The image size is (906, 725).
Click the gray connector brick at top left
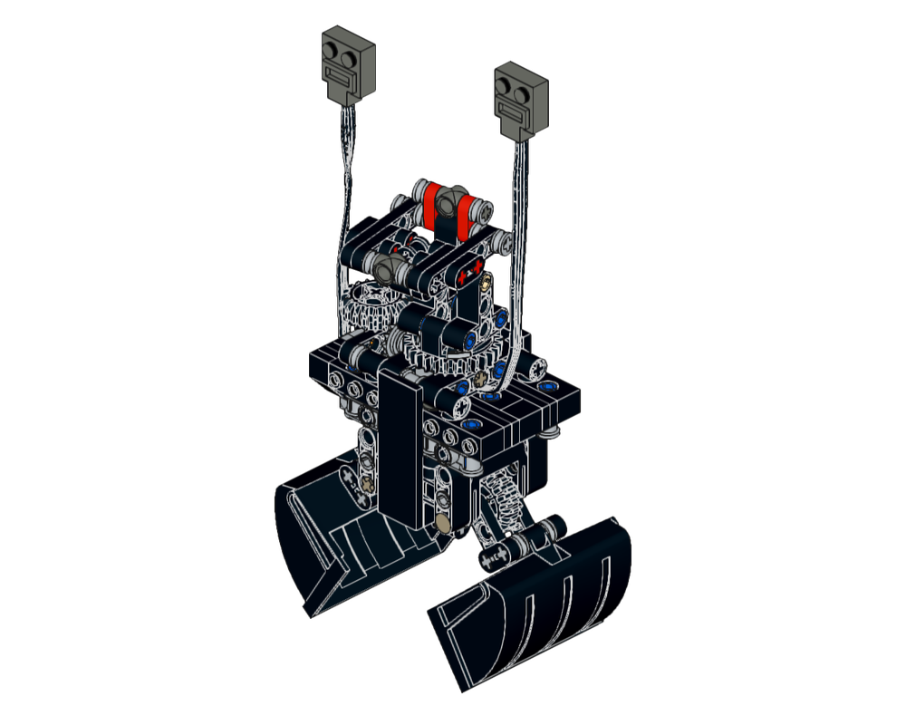346,66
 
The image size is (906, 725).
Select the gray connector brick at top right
520,101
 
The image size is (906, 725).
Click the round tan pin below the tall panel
444,522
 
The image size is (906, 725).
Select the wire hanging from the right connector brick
517,227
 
